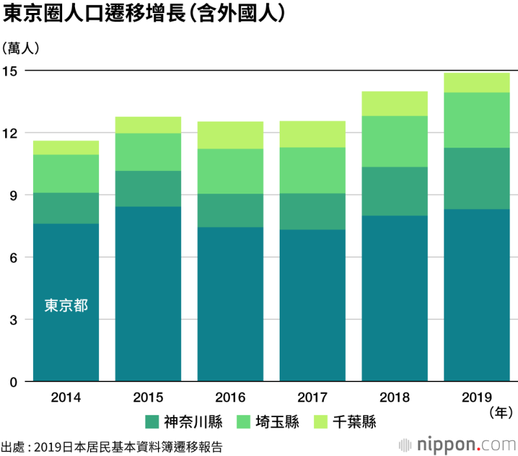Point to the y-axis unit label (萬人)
(x=21, y=48)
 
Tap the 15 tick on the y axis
(x=13, y=70)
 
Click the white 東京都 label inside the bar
(x=66, y=305)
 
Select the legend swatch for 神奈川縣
(x=152, y=422)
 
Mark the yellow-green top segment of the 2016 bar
(x=230, y=135)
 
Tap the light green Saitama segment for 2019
(x=476, y=120)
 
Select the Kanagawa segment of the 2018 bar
(x=394, y=191)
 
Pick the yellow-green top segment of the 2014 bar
(x=65, y=148)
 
